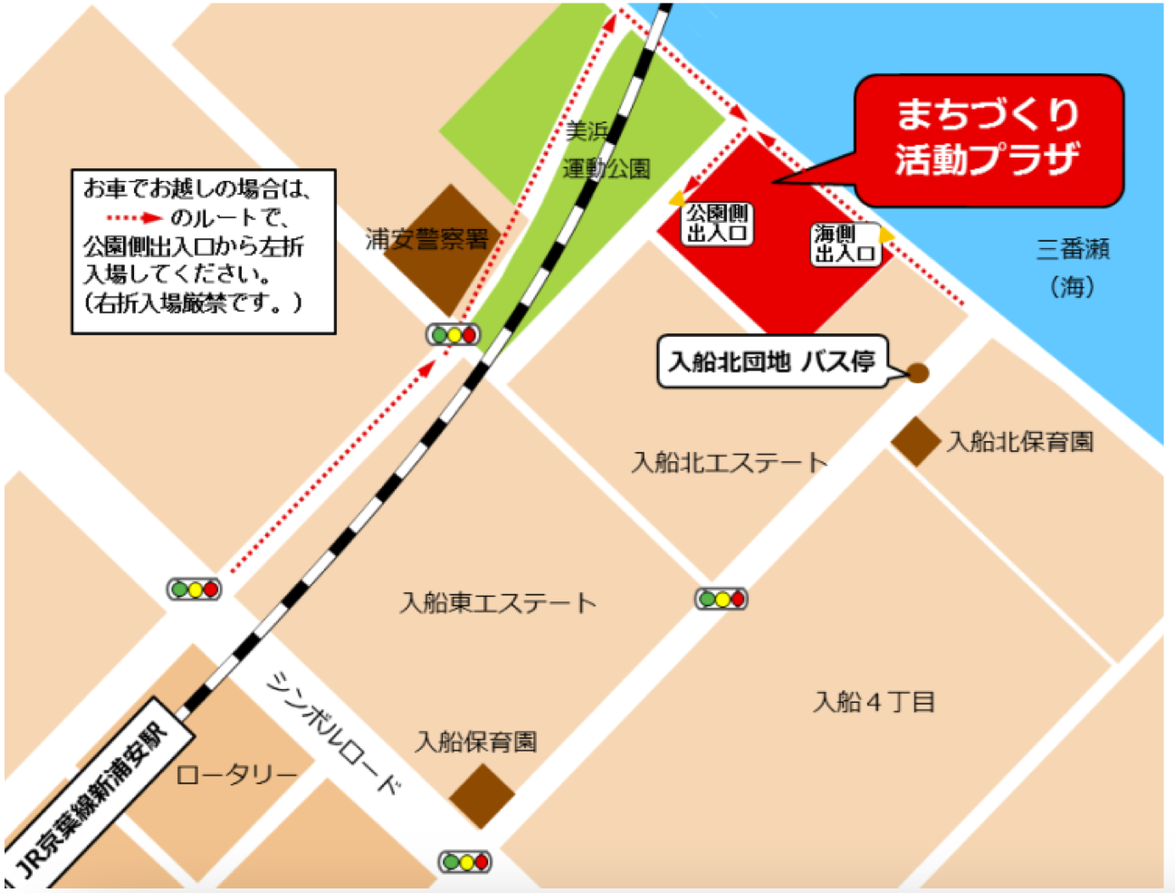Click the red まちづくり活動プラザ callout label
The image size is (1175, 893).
coord(989,139)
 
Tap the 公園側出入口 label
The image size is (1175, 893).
coord(717,224)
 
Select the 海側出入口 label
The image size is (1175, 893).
coord(845,245)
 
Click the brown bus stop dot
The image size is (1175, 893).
coord(918,373)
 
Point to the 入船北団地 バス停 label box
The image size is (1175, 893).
coord(772,362)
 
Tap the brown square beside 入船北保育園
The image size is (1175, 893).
coord(915,442)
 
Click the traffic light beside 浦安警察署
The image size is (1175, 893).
coord(454,335)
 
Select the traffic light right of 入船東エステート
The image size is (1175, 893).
coord(721,599)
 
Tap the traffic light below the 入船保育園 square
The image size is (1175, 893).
coord(465,861)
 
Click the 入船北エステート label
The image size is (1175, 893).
coord(729,463)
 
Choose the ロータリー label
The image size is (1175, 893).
coord(236,775)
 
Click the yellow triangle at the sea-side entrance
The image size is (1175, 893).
coord(887,236)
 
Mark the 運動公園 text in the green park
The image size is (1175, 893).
coord(606,168)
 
